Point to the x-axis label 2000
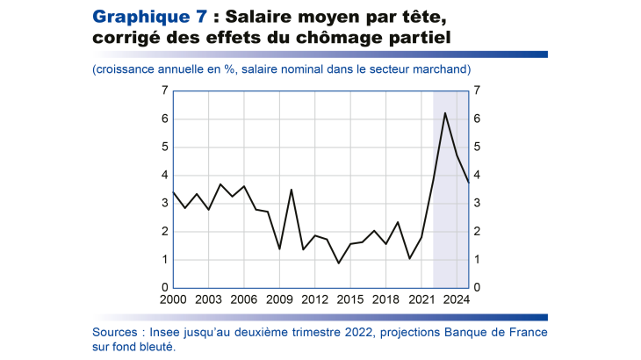pyautogui.click(x=172, y=300)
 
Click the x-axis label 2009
pyautogui.click(x=279, y=300)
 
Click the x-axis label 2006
pyautogui.click(x=244, y=300)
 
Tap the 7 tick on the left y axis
pyautogui.click(x=164, y=90)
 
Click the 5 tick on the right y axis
pyautogui.click(x=477, y=147)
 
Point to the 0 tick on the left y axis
pyautogui.click(x=164, y=288)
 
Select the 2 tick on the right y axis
pyautogui.click(x=477, y=232)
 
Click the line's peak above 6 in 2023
pyautogui.click(x=445, y=112)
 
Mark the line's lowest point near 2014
pyautogui.click(x=339, y=263)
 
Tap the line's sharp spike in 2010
pyautogui.click(x=292, y=190)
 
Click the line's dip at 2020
pyautogui.click(x=410, y=258)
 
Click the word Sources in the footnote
pyautogui.click(x=116, y=333)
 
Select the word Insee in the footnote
pyautogui.click(x=166, y=333)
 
